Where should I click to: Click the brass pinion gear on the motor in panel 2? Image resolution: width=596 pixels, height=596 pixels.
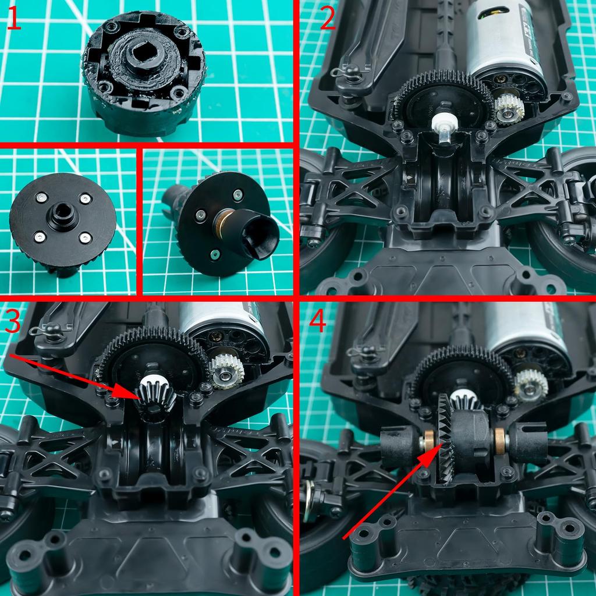tap(508, 108)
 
